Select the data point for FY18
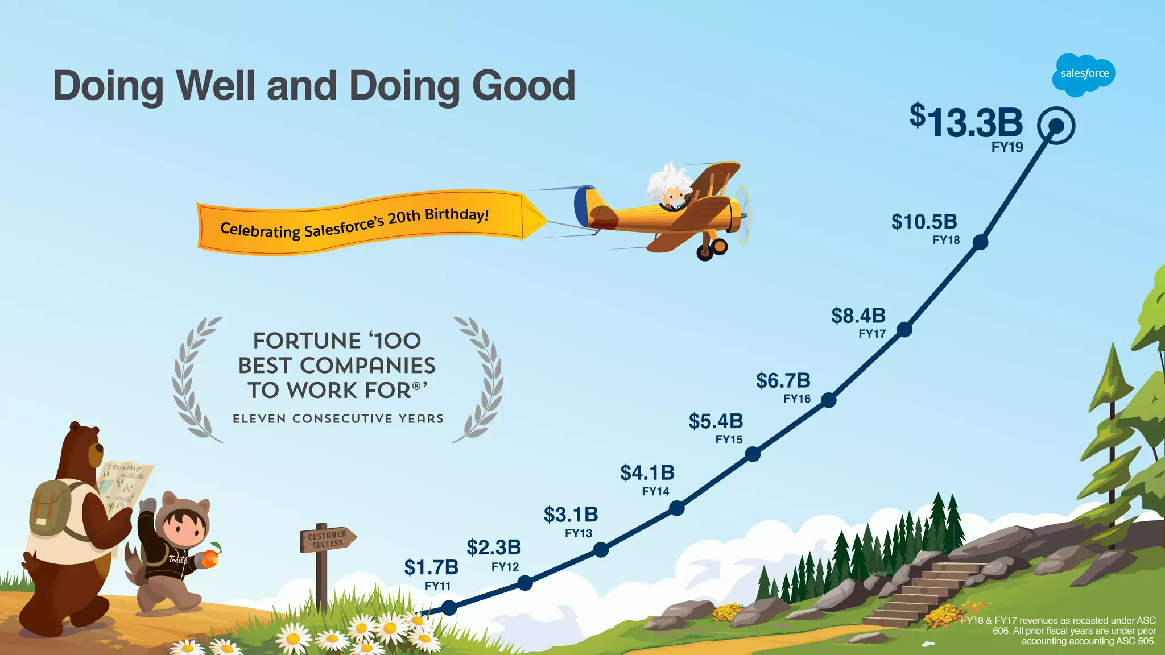tap(980, 242)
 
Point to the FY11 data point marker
tap(449, 608)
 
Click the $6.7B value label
tap(783, 380)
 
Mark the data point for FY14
tap(677, 508)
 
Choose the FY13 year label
tap(579, 533)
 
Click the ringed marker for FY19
tap(1056, 126)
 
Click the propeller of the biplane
tap(742, 214)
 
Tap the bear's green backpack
tap(50, 509)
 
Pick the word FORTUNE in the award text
tap(307, 341)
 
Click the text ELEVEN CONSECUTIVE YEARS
tap(338, 419)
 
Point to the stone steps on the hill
tap(922, 591)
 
